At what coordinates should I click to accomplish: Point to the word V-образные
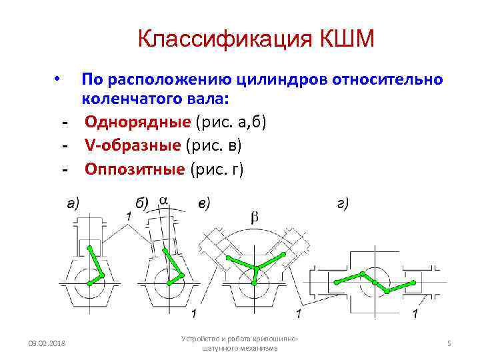point(133,146)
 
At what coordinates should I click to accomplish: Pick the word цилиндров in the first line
point(270,79)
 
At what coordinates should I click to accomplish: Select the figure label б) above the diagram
point(142,204)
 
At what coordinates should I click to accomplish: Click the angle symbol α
point(163,199)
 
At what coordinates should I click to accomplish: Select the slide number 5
point(449,343)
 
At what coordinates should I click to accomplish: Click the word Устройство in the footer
point(199,339)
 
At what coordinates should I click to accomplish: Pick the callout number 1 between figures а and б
point(129,216)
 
